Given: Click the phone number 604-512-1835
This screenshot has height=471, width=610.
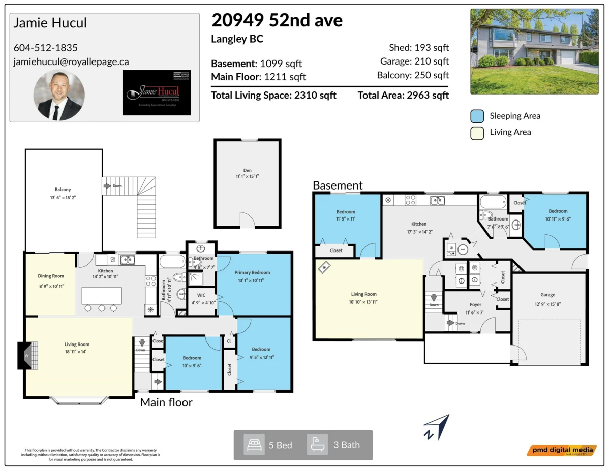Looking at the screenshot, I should [46, 48].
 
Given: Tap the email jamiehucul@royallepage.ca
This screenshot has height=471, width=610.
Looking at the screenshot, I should [71, 61].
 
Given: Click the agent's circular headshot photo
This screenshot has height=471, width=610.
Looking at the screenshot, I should [59, 95].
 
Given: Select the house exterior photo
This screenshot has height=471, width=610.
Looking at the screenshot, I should [535, 51].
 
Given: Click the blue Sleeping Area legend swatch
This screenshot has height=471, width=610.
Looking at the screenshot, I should [477, 116].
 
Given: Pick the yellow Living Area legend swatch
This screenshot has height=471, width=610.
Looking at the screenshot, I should [477, 132].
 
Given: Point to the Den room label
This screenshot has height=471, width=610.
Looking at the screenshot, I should [247, 171].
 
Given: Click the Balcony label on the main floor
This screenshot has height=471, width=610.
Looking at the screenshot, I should [63, 190].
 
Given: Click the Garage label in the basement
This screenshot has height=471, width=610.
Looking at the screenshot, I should [547, 295].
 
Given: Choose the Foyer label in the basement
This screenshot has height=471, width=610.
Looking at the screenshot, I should [475, 305].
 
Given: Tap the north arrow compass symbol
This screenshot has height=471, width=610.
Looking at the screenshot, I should [437, 427].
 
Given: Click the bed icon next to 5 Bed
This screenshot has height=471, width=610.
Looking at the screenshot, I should [254, 445].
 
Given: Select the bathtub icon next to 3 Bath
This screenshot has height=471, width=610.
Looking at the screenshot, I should [317, 445].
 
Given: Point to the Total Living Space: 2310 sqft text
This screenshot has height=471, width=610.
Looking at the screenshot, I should [273, 95].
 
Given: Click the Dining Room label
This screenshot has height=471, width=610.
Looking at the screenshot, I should [51, 276].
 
